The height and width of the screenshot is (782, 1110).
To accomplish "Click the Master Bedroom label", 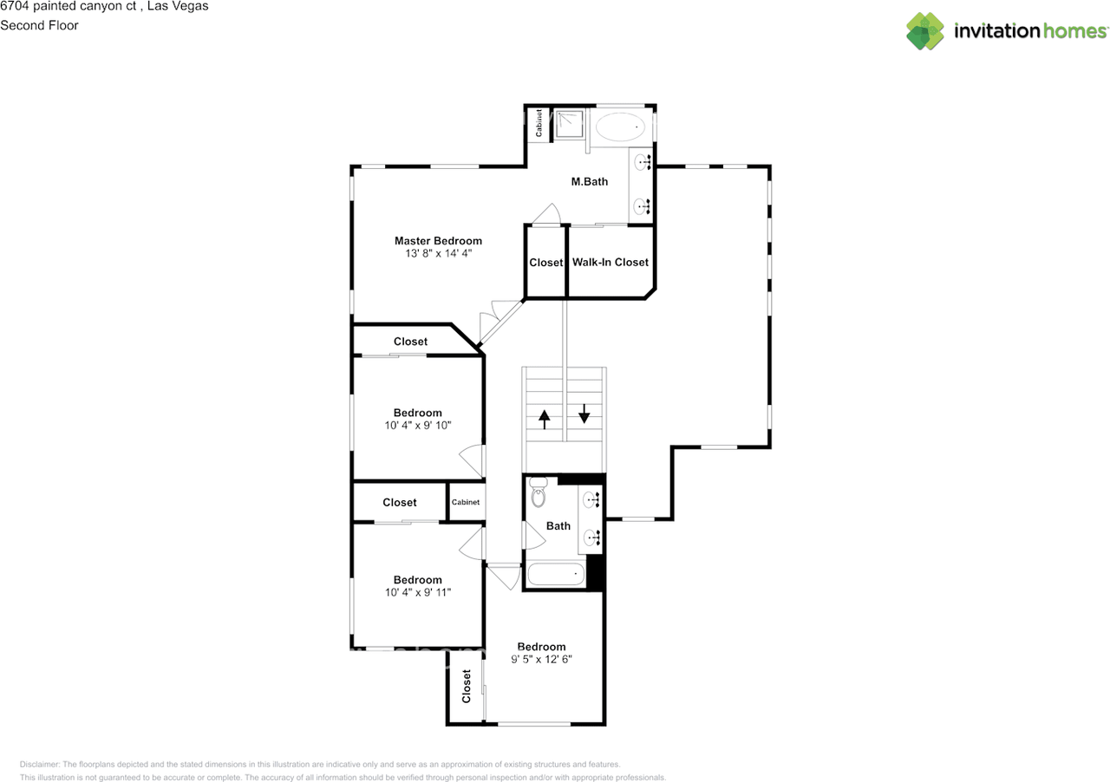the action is [x=438, y=241].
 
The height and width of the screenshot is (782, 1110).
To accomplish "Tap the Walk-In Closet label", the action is [x=610, y=262].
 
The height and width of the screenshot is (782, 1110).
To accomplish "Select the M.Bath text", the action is [x=589, y=182].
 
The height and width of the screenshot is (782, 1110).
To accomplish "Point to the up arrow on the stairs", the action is [x=544, y=420].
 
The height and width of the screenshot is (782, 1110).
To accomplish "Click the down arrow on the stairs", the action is [x=584, y=414].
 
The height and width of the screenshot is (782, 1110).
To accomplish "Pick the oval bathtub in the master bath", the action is [x=620, y=127].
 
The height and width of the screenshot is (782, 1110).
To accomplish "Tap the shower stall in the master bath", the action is [x=569, y=124].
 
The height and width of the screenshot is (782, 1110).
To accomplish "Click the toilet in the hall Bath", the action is [x=539, y=492].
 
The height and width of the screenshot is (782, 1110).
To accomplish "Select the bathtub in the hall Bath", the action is [x=556, y=574].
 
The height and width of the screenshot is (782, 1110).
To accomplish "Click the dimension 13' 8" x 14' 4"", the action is [x=438, y=254].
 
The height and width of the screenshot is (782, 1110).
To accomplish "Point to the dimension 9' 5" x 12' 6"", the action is [x=541, y=659].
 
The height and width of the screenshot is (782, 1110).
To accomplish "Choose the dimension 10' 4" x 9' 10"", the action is [x=418, y=425].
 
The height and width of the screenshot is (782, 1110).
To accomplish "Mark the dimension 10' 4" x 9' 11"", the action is [x=418, y=592].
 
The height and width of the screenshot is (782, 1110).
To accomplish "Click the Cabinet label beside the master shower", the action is [x=539, y=123].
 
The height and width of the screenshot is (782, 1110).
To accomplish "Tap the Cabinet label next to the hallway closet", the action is [x=466, y=502].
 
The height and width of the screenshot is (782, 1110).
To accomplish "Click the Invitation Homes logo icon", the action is [x=925, y=30].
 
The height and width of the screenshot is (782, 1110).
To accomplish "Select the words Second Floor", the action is [x=39, y=25].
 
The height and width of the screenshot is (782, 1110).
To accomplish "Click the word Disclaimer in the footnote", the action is [x=40, y=764].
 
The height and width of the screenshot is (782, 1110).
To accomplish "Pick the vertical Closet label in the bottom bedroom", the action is [x=467, y=687].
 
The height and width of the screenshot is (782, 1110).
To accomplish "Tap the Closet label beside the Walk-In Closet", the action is [x=545, y=263].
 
